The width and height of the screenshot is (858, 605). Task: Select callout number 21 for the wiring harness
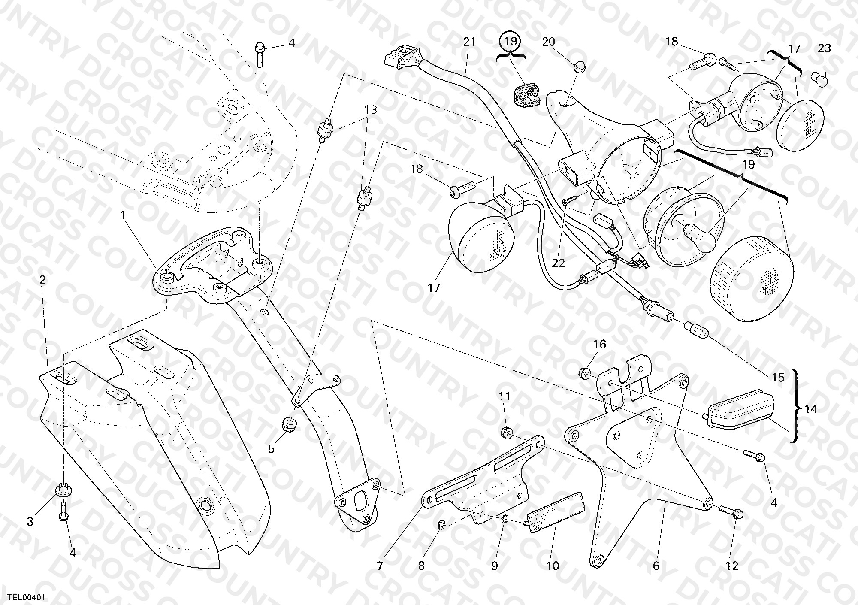pyautogui.click(x=469, y=42)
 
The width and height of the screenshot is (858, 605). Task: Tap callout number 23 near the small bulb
pyautogui.click(x=824, y=48)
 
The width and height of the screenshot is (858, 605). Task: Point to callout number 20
pyautogui.click(x=548, y=42)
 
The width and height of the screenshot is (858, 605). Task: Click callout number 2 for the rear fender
pyautogui.click(x=42, y=280)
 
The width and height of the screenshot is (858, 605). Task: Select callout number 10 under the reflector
pyautogui.click(x=553, y=566)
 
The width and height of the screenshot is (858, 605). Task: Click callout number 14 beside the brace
pyautogui.click(x=811, y=409)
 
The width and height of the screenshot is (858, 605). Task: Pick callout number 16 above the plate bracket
pyautogui.click(x=599, y=345)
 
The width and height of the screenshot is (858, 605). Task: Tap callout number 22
pyautogui.click(x=558, y=263)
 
